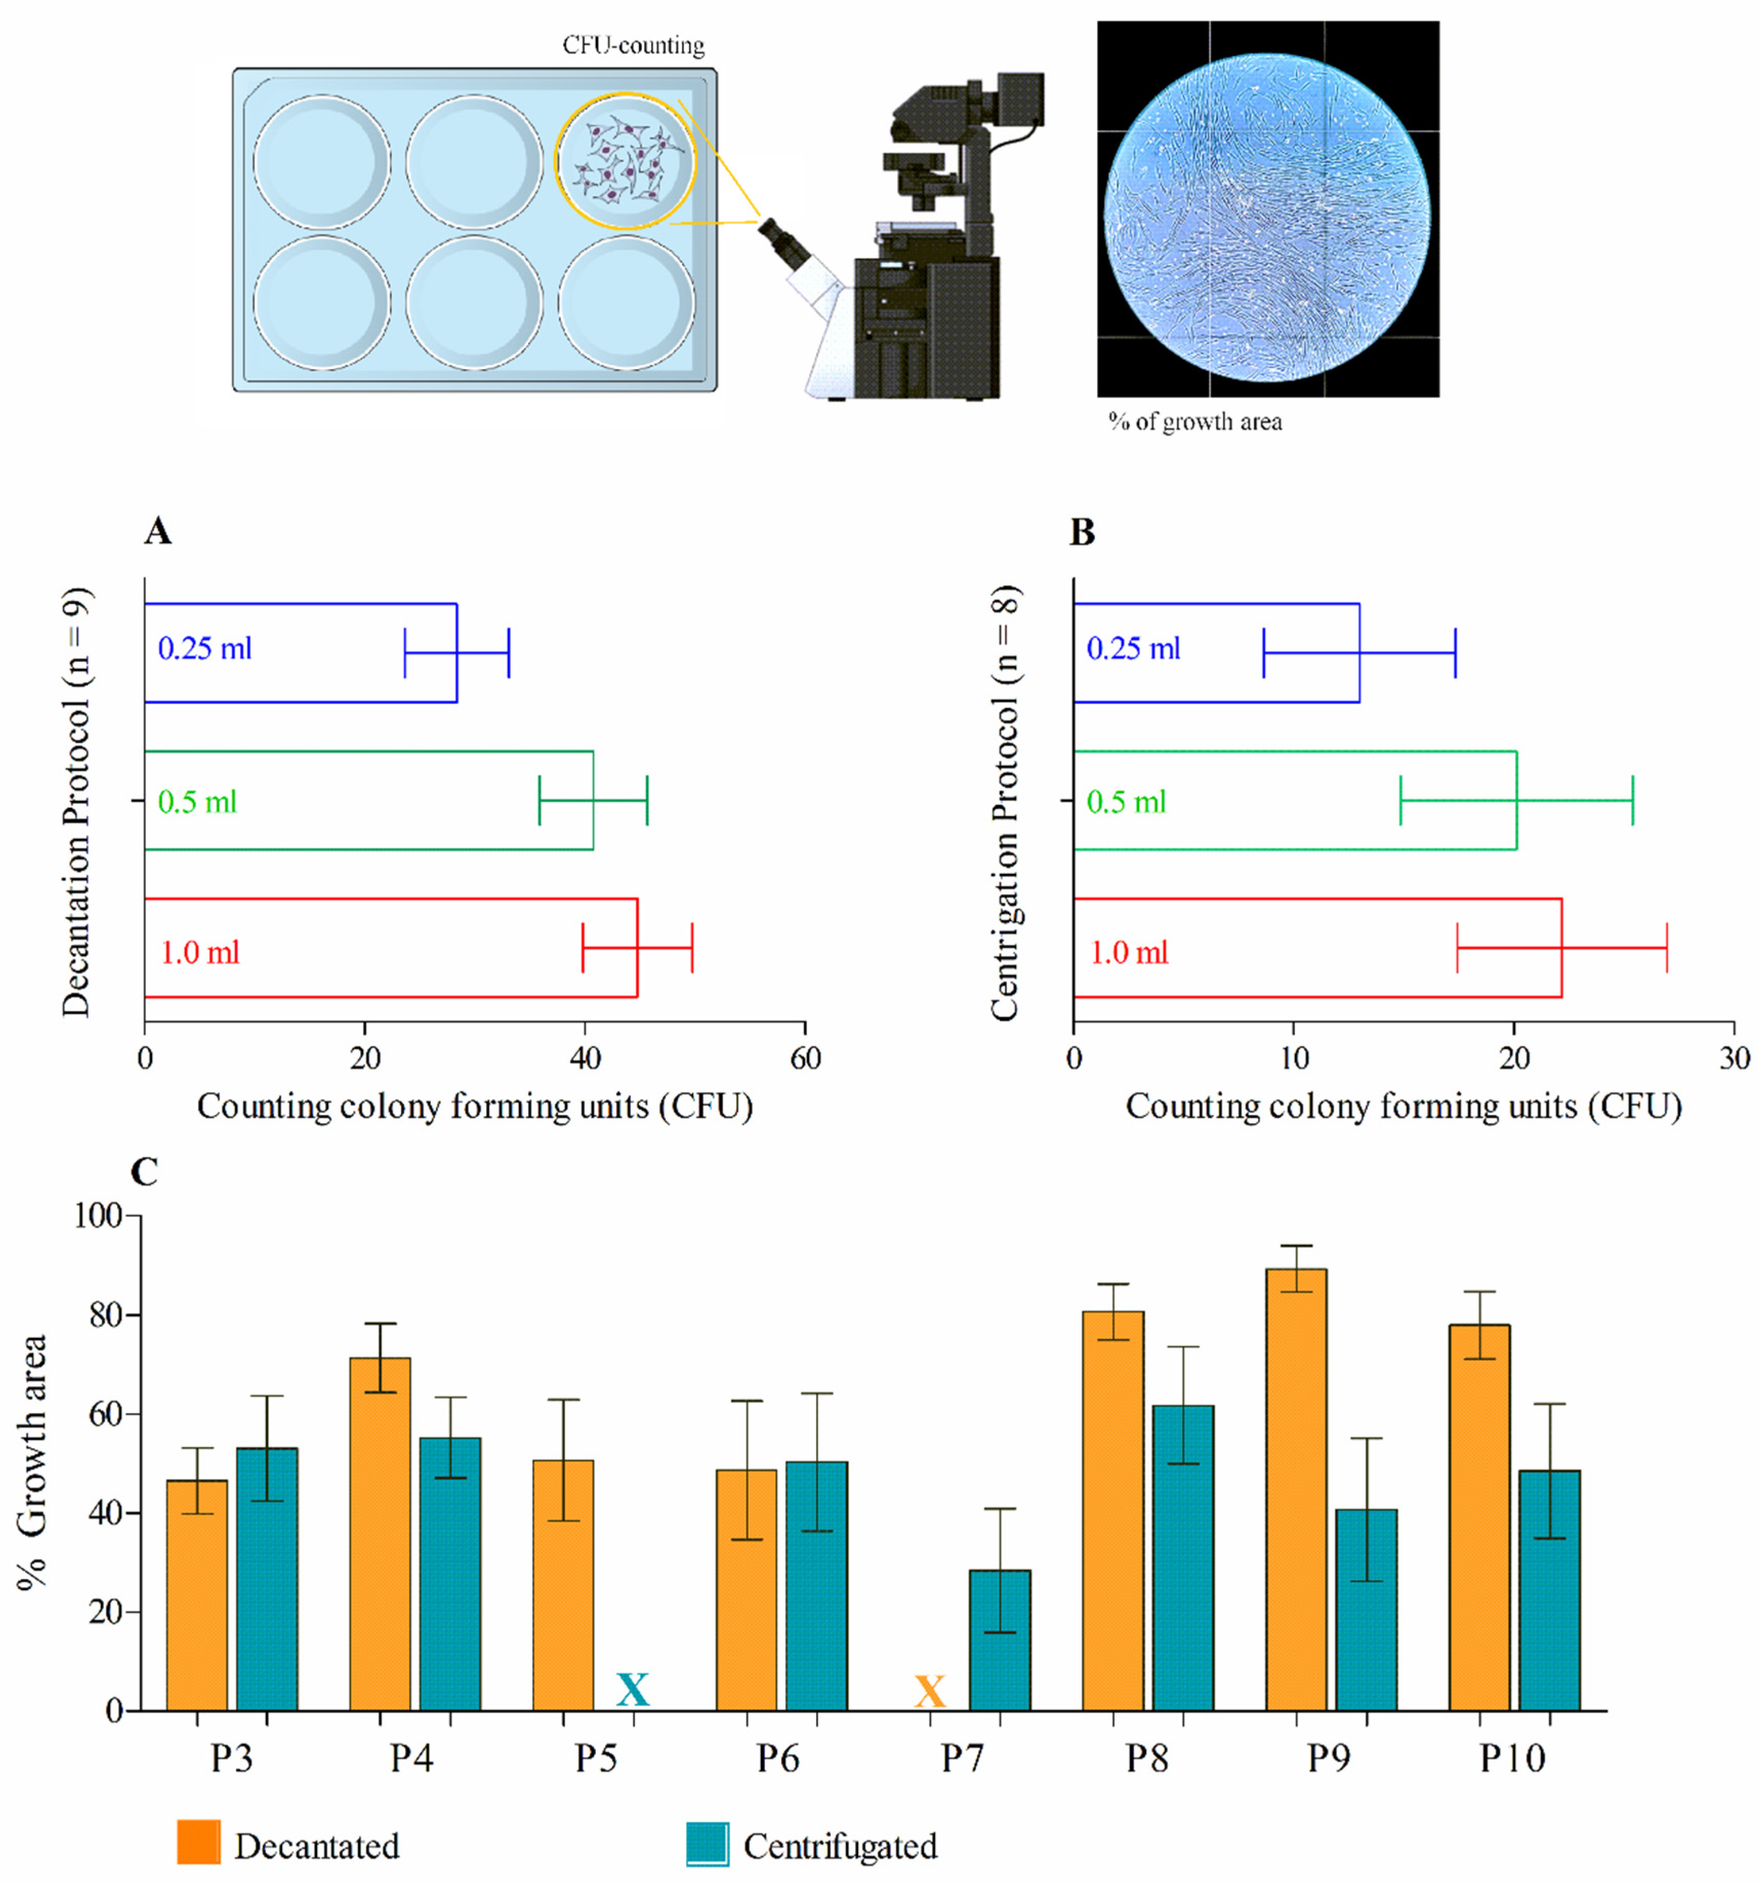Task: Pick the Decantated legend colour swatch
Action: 199,1842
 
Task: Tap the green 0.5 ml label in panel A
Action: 197,802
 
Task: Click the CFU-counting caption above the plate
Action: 633,46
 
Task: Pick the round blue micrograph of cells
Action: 1267,209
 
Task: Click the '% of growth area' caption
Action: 1195,422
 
